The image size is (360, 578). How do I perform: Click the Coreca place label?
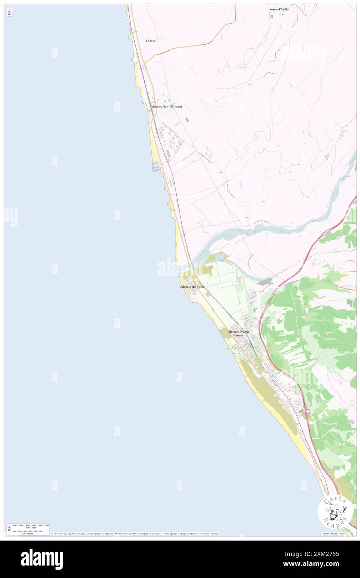[x=150, y=41]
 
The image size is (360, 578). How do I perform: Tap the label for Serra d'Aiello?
[x=279, y=9]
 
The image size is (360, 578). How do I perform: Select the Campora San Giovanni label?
[x=165, y=107]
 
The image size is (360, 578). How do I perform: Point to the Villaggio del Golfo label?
[x=192, y=287]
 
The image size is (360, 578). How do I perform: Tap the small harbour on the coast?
[x=157, y=167]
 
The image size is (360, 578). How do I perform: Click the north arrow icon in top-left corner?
[x=9, y=12]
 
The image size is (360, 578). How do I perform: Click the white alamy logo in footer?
[x=42, y=559]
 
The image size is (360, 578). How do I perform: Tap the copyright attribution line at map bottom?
[x=135, y=534]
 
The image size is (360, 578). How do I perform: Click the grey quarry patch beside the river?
[x=265, y=282]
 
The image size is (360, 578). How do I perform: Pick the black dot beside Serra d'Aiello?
[x=282, y=14]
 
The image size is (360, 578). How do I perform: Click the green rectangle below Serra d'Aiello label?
[x=272, y=16]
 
